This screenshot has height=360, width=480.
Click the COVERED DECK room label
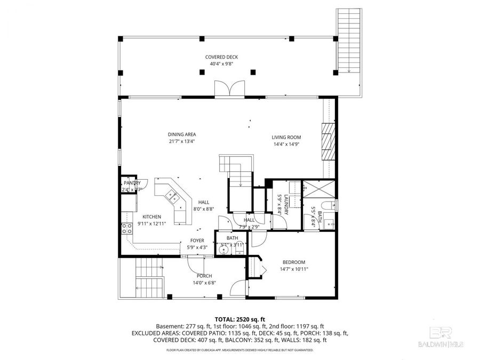221,57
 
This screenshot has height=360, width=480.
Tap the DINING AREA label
182,134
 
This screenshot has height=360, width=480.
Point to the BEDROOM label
293,262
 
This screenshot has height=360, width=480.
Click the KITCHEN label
151,217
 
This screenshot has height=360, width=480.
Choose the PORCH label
204,276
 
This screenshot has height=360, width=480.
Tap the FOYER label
197,241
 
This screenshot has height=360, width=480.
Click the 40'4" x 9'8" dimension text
221,64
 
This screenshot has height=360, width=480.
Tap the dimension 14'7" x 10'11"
293,269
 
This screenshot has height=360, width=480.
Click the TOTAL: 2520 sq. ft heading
239,318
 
